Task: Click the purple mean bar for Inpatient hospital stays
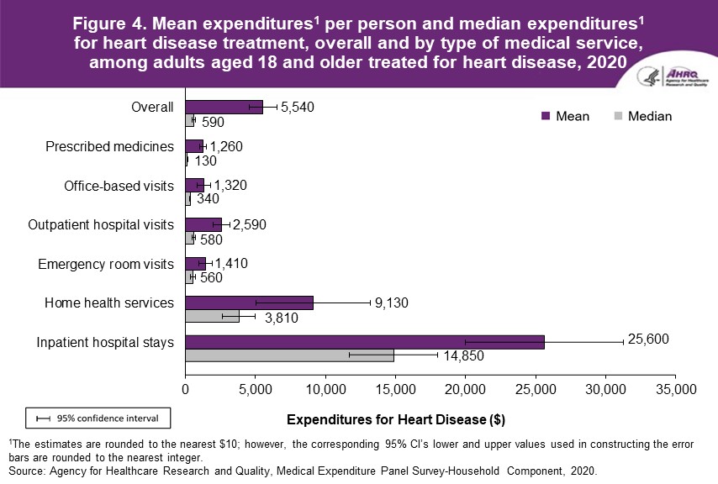(365, 342)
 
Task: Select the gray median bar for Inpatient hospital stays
(289, 355)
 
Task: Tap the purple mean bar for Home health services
(249, 302)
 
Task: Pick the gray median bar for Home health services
(212, 316)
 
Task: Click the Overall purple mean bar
(224, 107)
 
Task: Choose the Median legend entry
(643, 116)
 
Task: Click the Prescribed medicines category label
(109, 146)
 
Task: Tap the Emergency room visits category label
(106, 264)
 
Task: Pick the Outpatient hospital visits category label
(101, 224)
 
